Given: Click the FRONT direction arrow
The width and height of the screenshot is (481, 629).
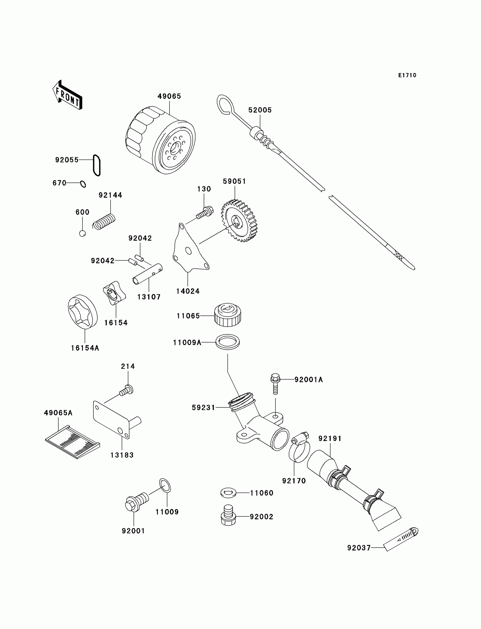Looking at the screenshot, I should coord(68,95).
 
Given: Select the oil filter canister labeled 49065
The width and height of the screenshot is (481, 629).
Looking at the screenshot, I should coord(160,140).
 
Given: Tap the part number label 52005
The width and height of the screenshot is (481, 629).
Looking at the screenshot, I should coord(260,110).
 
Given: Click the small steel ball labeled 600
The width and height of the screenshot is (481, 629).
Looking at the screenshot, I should coord(82,233).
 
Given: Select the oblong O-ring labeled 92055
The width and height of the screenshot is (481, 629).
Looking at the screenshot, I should coord(97,166).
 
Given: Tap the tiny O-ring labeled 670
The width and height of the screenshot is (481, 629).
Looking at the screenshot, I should coord(83,184).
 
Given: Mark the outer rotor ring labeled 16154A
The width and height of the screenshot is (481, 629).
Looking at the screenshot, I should coord(83,312).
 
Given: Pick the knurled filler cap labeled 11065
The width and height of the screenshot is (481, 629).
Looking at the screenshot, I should coord(227,315).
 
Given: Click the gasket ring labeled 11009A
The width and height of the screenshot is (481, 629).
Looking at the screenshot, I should coord(227,342).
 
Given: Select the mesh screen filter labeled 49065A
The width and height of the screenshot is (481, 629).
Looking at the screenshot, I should coord(73,442).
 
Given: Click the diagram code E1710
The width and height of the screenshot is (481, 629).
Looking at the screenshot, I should coord(407,75).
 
